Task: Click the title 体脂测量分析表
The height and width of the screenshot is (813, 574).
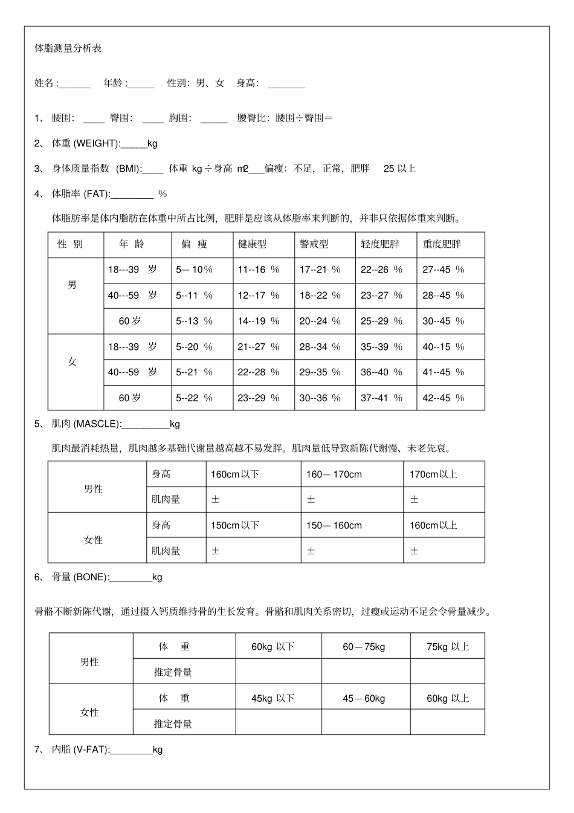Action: (x=68, y=48)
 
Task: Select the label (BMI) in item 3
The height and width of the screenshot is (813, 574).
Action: (x=127, y=169)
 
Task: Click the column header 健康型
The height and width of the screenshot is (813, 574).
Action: (x=252, y=244)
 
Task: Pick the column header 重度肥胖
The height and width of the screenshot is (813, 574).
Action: (x=442, y=244)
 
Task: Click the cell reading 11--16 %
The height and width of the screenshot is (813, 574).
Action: (x=258, y=270)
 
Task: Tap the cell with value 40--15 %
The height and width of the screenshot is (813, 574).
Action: (x=443, y=347)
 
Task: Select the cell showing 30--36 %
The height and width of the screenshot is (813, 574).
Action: (x=320, y=398)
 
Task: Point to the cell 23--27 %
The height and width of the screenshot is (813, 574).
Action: (x=381, y=296)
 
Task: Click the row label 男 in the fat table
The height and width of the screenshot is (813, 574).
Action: (x=73, y=284)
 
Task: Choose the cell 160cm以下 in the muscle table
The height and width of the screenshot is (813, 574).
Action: (x=234, y=475)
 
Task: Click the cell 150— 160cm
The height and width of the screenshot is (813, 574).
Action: (x=334, y=526)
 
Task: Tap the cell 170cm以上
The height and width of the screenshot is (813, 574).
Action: (x=433, y=475)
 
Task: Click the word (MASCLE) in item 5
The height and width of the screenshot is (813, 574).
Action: (x=97, y=424)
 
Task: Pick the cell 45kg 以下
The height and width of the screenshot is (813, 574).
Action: (x=273, y=698)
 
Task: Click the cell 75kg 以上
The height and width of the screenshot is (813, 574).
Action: (x=448, y=647)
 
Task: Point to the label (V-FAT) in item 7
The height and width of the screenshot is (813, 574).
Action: (x=91, y=750)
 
